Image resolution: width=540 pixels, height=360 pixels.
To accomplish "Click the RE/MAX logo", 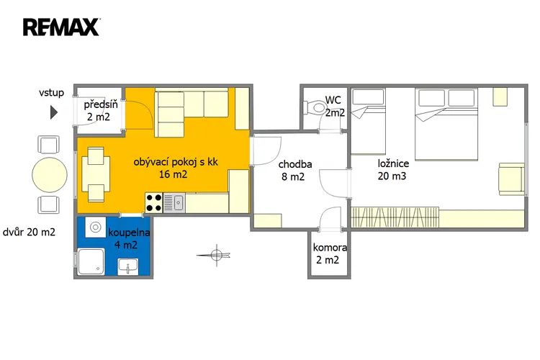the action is [61, 27].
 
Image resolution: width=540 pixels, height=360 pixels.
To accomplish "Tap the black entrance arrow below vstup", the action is [54, 112].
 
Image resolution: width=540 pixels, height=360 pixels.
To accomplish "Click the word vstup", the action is [51, 93].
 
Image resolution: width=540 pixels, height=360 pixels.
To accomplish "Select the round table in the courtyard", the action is [50, 175].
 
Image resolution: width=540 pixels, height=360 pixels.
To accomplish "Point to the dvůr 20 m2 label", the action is [29, 232].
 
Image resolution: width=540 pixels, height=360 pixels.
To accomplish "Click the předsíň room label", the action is [100, 104].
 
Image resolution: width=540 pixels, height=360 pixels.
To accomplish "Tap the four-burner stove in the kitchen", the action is [153, 203].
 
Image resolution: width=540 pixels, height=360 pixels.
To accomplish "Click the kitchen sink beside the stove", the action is [174, 203].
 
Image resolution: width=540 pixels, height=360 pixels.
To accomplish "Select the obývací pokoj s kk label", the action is [176, 162].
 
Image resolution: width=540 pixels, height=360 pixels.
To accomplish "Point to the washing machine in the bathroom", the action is [95, 227].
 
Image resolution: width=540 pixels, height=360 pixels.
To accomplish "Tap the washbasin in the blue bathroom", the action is [127, 266].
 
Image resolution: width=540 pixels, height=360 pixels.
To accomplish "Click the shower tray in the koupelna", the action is [91, 262].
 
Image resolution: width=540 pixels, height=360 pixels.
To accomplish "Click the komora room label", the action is [329, 248].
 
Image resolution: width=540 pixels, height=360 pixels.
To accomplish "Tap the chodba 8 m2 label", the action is [294, 170].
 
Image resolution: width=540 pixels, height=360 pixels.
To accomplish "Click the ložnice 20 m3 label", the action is [393, 169].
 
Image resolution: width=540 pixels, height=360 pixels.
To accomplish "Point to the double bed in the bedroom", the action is [446, 125].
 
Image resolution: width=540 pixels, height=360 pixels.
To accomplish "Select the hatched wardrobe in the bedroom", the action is [395, 217].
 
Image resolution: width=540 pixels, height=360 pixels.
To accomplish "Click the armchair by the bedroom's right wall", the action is [511, 179].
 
